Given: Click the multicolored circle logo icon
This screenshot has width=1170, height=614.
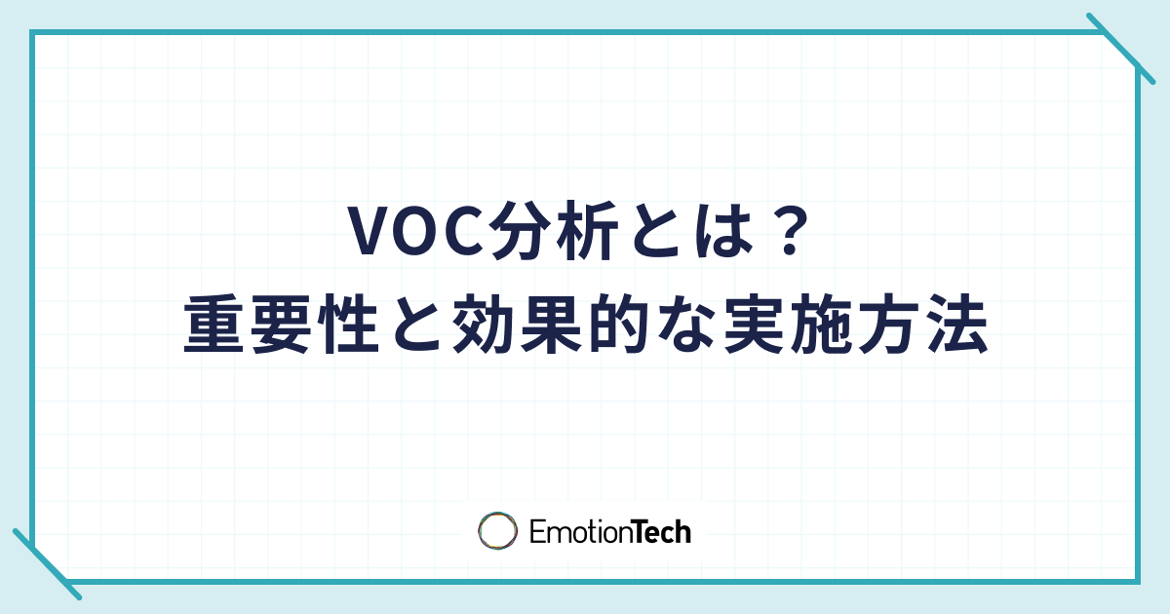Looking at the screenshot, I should pos(497,531).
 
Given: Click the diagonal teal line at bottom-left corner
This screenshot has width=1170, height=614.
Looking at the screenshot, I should pos(46,564).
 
